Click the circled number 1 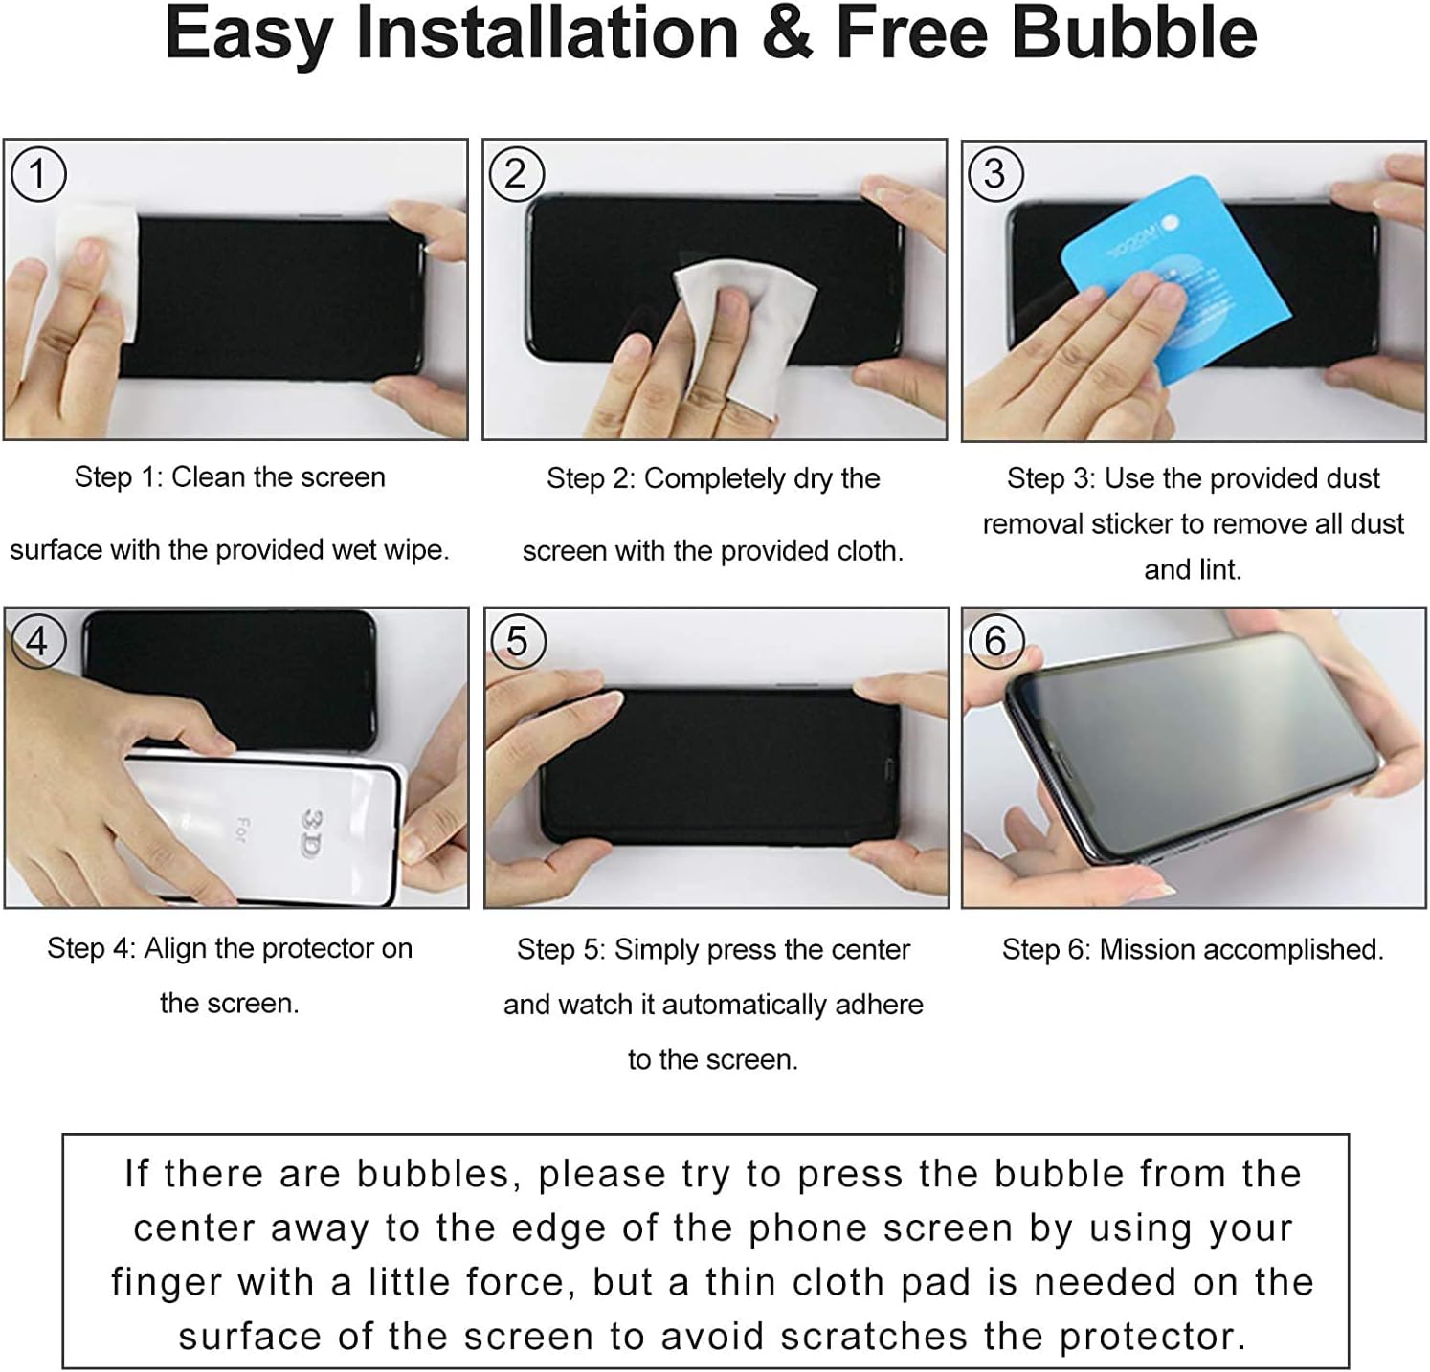coord(38,174)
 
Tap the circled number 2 coord(516,174)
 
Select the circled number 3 coord(995,174)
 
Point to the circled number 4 coord(37,640)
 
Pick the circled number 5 coord(517,641)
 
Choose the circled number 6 coord(995,640)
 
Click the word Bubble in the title coord(1134,33)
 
